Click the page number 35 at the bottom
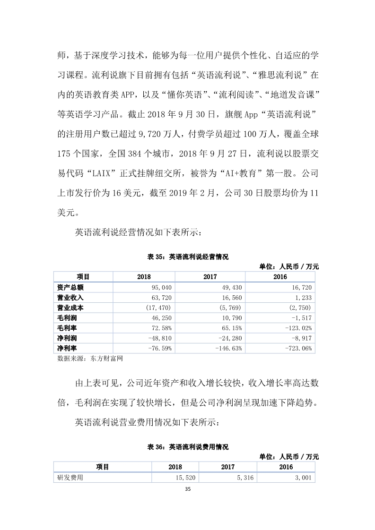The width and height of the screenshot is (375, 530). coord(188,488)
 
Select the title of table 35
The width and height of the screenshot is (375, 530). coord(188,257)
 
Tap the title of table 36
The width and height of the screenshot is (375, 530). coord(188,446)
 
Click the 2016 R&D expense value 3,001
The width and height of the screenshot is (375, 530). coord(303,478)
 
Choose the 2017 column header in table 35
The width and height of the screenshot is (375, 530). coord(210,277)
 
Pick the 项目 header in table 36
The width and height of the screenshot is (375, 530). coord(102,467)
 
